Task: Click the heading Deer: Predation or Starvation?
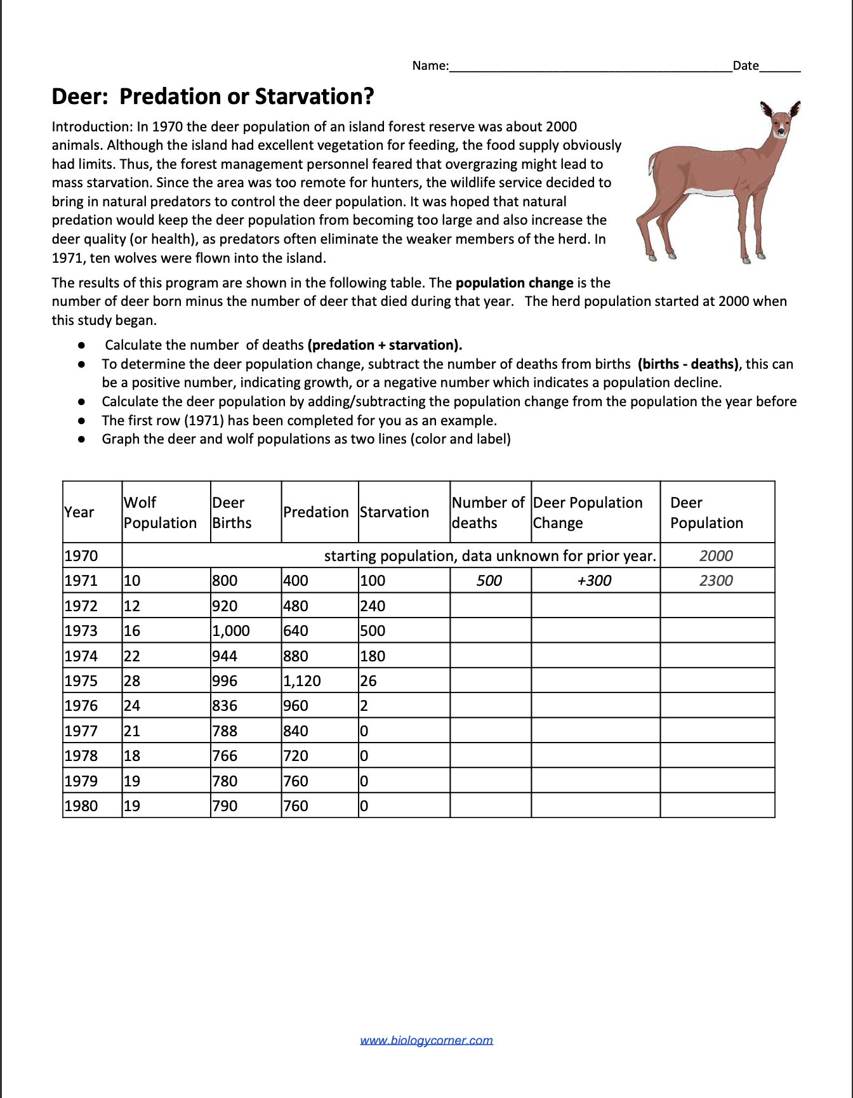213,96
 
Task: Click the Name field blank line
590,66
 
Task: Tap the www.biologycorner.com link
426,1040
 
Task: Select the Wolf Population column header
160,512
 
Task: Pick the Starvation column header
394,512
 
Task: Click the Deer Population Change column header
588,512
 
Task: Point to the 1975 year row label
81,681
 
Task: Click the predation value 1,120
302,681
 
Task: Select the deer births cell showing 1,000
231,631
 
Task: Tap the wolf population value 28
132,681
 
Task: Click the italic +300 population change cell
594,581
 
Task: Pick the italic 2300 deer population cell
716,581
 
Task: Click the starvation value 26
369,681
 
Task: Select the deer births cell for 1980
225,806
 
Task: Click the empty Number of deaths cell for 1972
490,605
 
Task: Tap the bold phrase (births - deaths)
688,364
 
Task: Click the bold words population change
514,283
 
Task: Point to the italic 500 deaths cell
489,581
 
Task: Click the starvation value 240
373,606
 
